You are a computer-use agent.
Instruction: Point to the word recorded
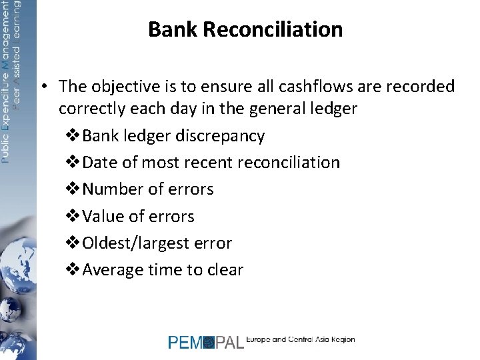tap(421, 87)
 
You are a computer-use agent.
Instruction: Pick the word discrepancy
tap(220, 135)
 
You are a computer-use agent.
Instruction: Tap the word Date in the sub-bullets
tap(99, 163)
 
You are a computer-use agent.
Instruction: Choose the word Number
tap(113, 189)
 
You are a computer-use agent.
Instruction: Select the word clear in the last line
tap(223, 270)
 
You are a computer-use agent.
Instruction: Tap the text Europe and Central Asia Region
tap(301, 339)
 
